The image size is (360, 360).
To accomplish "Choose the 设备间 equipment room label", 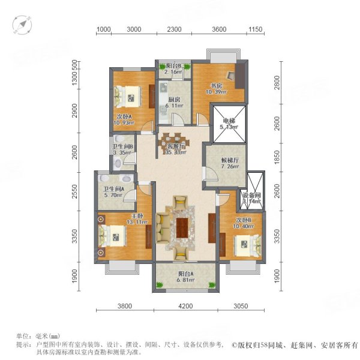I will point(251,196).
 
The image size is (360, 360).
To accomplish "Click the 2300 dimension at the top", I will point(174,29).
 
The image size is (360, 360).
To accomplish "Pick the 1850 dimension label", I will point(277,157).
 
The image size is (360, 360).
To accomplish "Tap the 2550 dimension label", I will point(75,191).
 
